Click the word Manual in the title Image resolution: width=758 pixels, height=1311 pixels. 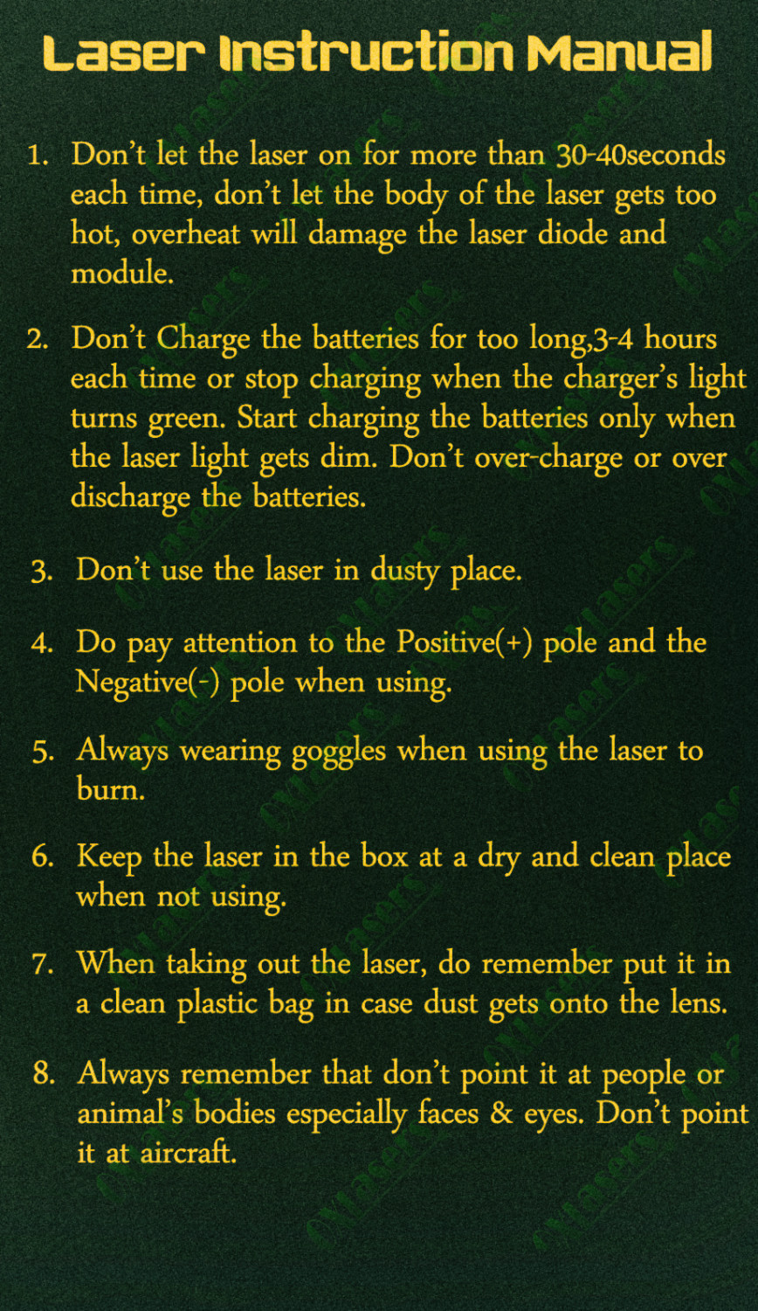pyautogui.click(x=619, y=52)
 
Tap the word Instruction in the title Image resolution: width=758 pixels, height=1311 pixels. pyautogui.click(x=366, y=52)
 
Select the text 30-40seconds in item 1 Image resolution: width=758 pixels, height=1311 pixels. pyautogui.click(x=640, y=155)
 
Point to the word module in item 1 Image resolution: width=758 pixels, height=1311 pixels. pyautogui.click(x=122, y=272)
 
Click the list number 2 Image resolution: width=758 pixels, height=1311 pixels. pyautogui.click(x=38, y=340)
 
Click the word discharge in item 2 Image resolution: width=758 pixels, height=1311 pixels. pyautogui.click(x=130, y=498)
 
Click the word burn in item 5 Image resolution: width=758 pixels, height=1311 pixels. pyautogui.click(x=110, y=789)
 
